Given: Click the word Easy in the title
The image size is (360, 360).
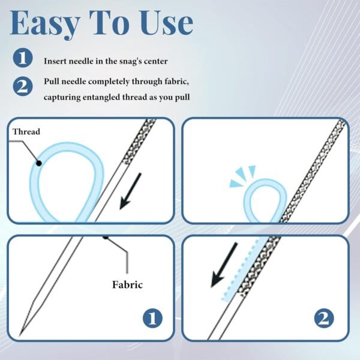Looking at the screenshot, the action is click(45, 24).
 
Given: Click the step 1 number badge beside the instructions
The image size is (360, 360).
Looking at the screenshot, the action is click(23, 58).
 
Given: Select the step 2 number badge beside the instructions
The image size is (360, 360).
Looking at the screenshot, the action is click(23, 86).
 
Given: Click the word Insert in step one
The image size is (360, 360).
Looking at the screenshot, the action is click(55, 61).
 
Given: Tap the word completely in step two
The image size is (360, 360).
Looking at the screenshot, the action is click(109, 82).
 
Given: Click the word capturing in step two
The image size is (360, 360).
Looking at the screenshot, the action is click(62, 97).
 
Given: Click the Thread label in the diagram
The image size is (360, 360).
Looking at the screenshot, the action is click(26, 131).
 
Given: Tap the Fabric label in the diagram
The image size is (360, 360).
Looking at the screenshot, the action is click(127, 284).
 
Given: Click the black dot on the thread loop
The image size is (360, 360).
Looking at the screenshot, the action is click(39, 163).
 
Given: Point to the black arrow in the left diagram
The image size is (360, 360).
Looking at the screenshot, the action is click(130, 191).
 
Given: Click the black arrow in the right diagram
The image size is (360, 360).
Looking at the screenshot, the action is click(224, 265).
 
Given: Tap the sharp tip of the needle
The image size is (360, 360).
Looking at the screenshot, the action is click(20, 335).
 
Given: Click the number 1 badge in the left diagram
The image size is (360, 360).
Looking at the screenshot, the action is click(152, 318).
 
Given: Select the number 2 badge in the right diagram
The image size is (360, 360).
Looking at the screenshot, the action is click(324, 318).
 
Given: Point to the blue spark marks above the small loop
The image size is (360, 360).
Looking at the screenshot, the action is click(242, 175).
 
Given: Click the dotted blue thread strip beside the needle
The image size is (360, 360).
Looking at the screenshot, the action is click(241, 269).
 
